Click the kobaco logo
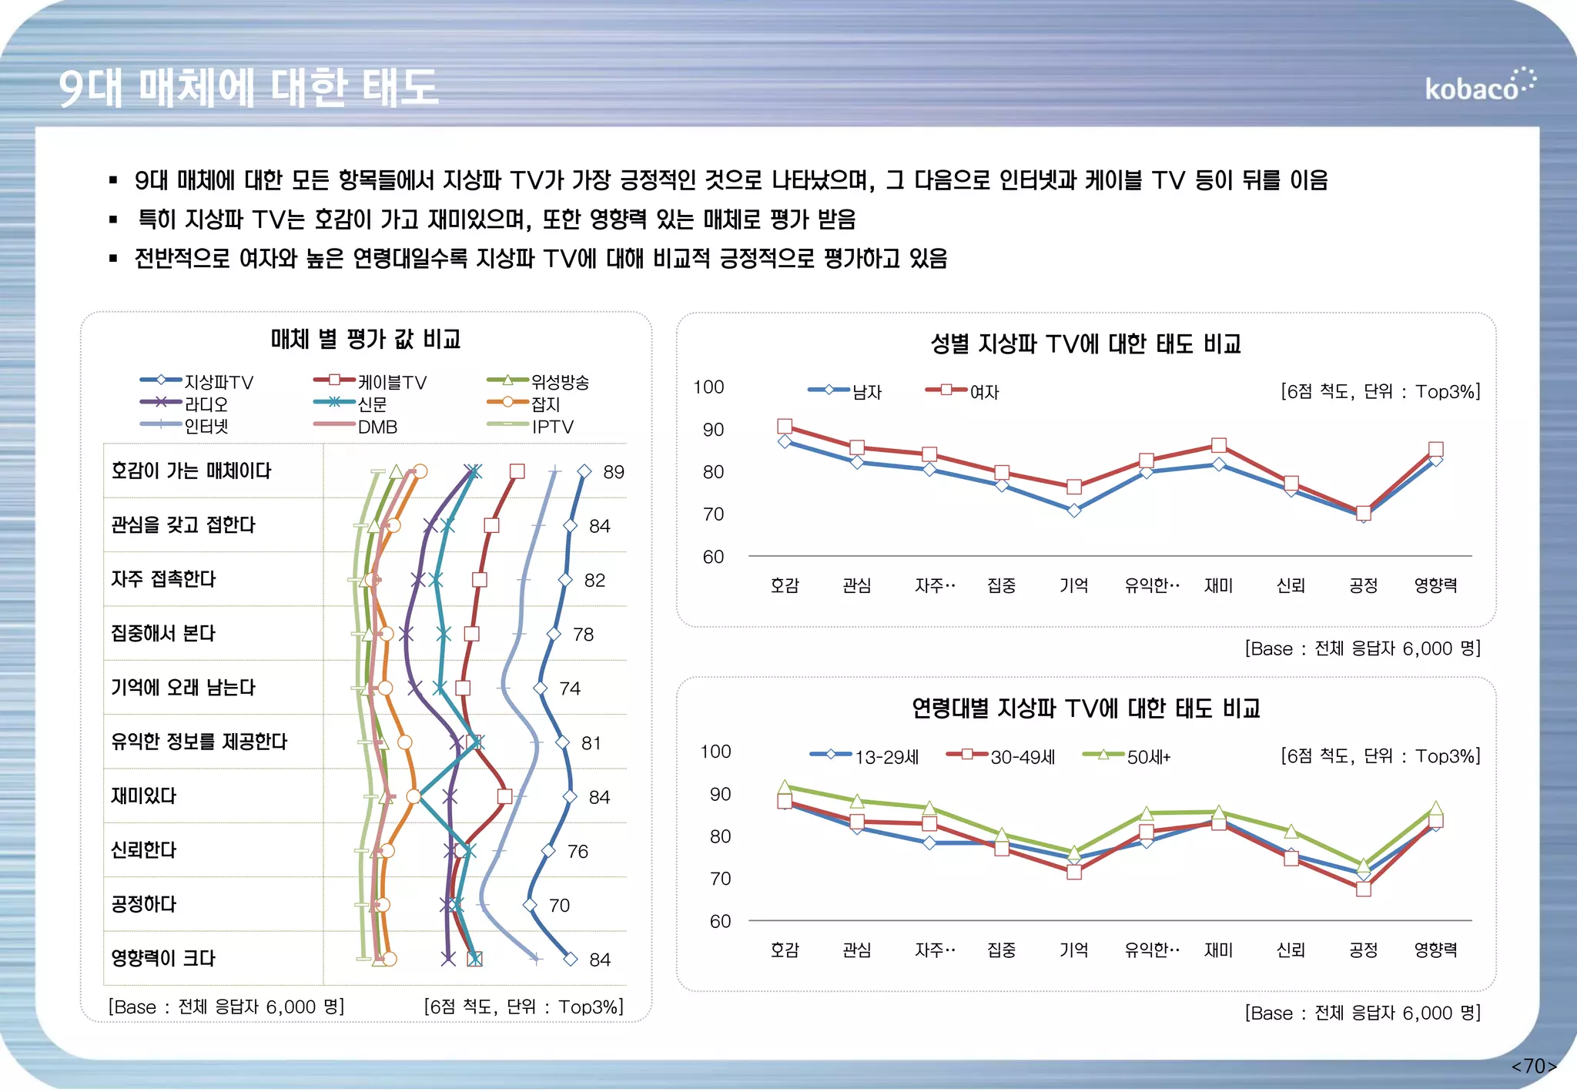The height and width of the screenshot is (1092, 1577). [1478, 86]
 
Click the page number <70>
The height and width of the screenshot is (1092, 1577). [1533, 1066]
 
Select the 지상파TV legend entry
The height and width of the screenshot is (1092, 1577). [197, 381]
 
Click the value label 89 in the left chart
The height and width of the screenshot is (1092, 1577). [613, 472]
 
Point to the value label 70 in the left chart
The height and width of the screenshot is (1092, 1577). [559, 906]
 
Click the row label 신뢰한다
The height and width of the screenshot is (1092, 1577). [144, 849]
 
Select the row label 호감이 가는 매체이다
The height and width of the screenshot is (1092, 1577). [191, 471]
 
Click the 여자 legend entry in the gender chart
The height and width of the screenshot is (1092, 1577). [963, 391]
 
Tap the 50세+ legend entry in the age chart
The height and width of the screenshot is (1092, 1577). [1127, 756]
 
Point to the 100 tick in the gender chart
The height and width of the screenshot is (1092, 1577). [708, 387]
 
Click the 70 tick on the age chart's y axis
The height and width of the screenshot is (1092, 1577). [719, 878]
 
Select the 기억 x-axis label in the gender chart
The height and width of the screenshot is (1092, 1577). [1073, 585]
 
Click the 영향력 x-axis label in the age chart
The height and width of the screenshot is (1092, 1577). [1435, 950]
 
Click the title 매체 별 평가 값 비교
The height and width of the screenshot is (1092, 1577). [365, 339]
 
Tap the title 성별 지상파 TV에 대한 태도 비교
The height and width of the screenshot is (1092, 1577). [1085, 343]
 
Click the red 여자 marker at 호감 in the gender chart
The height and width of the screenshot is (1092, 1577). [784, 426]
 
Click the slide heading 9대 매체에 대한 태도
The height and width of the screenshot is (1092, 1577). [248, 87]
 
